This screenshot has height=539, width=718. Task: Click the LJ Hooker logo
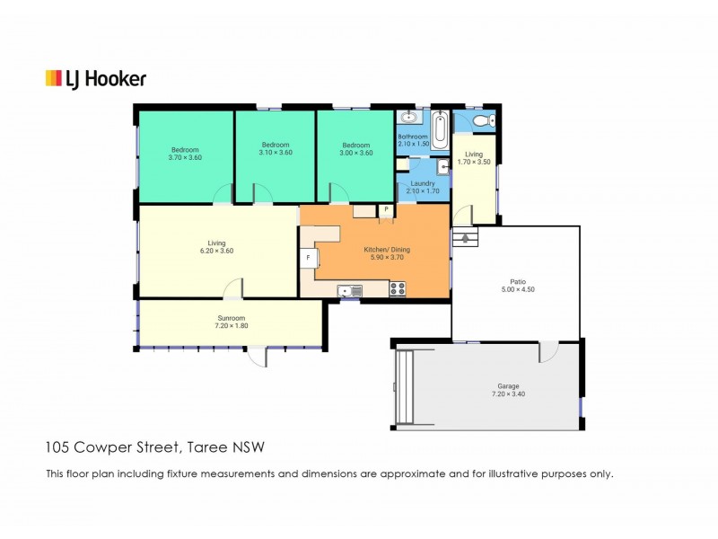click(x=95, y=79)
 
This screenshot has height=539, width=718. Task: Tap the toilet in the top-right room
click(x=482, y=120)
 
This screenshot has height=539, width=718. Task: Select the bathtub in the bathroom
click(x=440, y=131)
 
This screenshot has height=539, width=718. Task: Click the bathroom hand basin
click(x=410, y=118)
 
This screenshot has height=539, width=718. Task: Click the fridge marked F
click(x=308, y=258)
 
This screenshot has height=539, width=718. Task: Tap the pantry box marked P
click(x=386, y=210)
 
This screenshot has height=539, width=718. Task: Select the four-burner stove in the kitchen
click(x=398, y=289)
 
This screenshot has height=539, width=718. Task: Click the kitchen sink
click(x=348, y=290)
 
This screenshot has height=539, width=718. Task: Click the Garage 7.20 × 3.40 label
click(x=490, y=389)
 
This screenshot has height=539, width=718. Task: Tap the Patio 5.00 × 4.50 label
click(x=517, y=285)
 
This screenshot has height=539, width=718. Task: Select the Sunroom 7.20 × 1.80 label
click(x=232, y=322)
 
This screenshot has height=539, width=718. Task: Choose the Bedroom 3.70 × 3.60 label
click(x=185, y=154)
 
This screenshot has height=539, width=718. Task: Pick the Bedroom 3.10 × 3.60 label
click(x=276, y=148)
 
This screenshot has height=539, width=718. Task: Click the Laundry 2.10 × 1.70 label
click(x=422, y=187)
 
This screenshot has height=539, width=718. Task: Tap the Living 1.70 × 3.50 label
click(x=474, y=158)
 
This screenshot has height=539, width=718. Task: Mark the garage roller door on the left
click(x=405, y=386)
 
